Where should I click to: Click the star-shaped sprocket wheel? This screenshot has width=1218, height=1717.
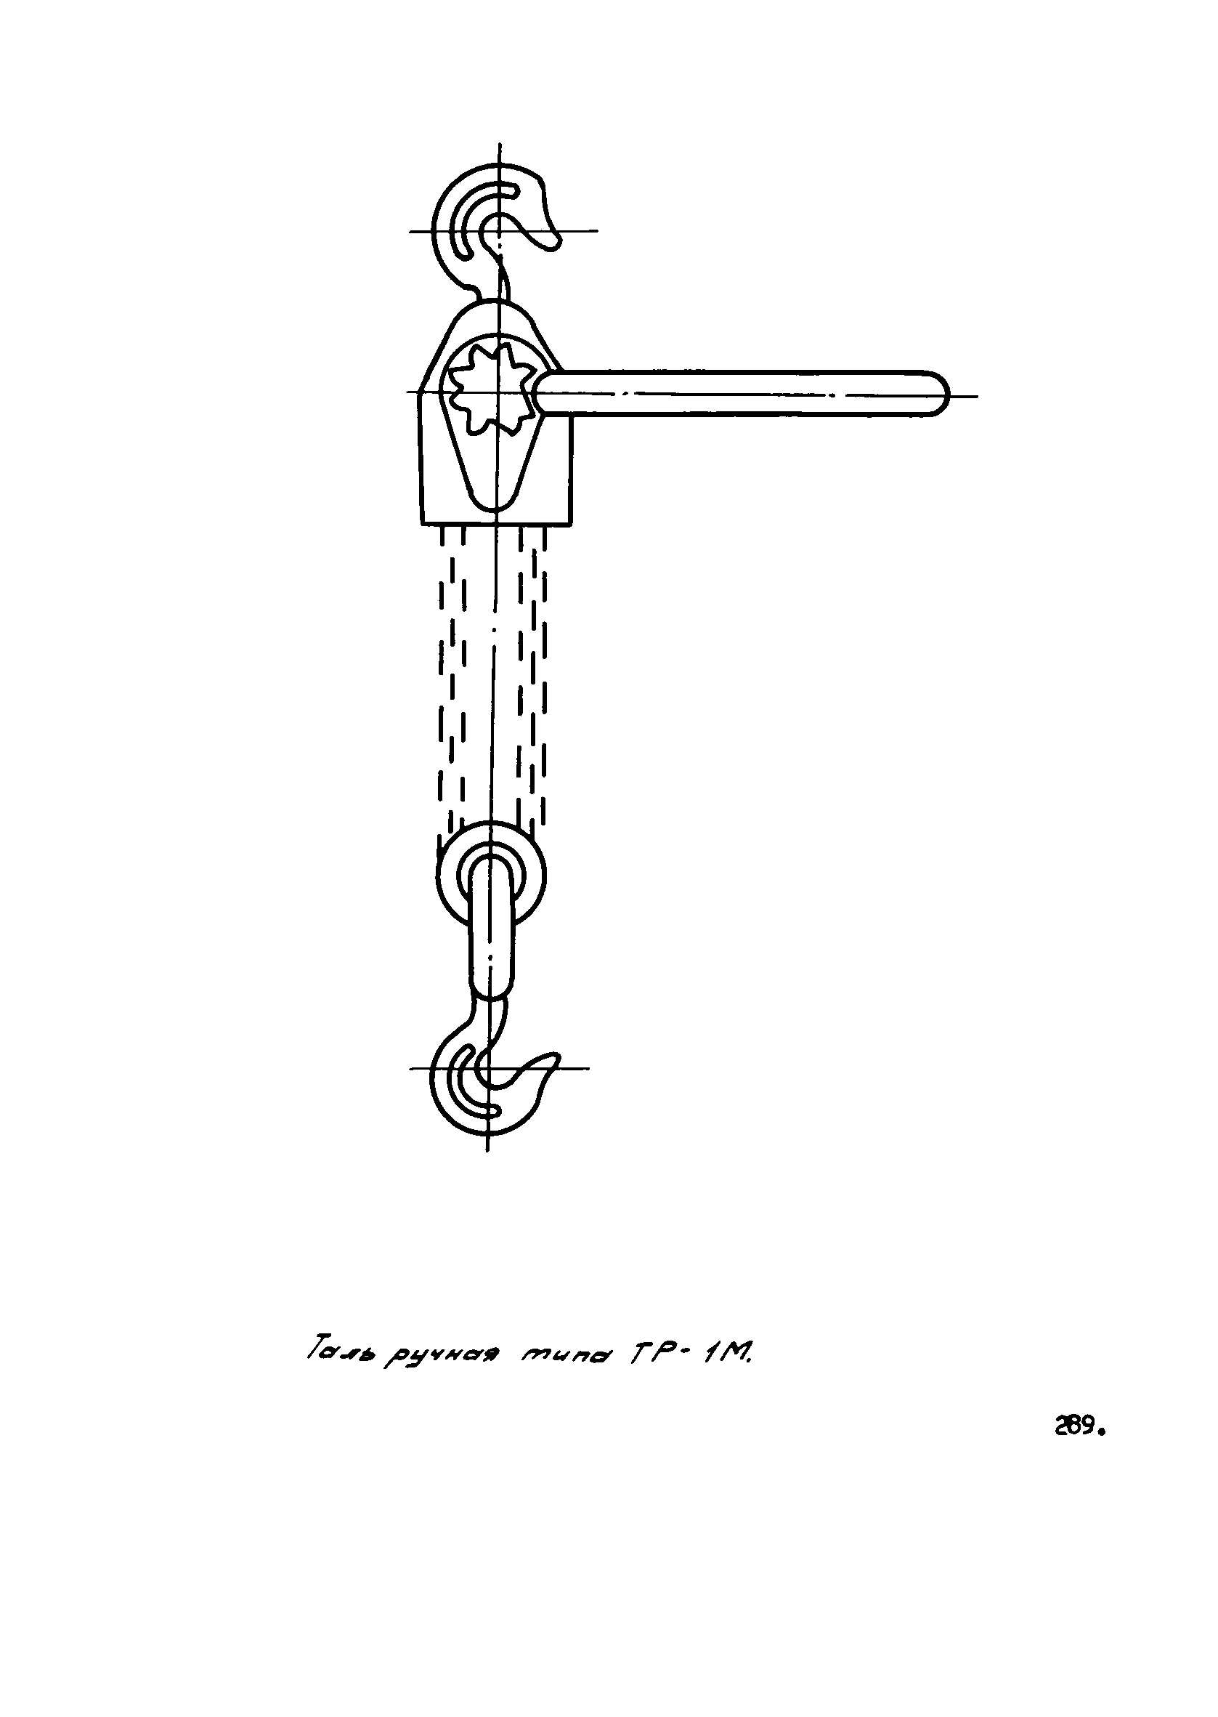tap(492, 390)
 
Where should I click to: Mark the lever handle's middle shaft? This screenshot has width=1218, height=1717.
tap(739, 393)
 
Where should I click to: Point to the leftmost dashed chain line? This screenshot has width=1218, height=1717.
tap(442, 675)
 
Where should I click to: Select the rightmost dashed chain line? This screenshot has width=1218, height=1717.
tap(544, 675)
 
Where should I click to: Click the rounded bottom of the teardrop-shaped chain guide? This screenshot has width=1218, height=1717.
tap(493, 503)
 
